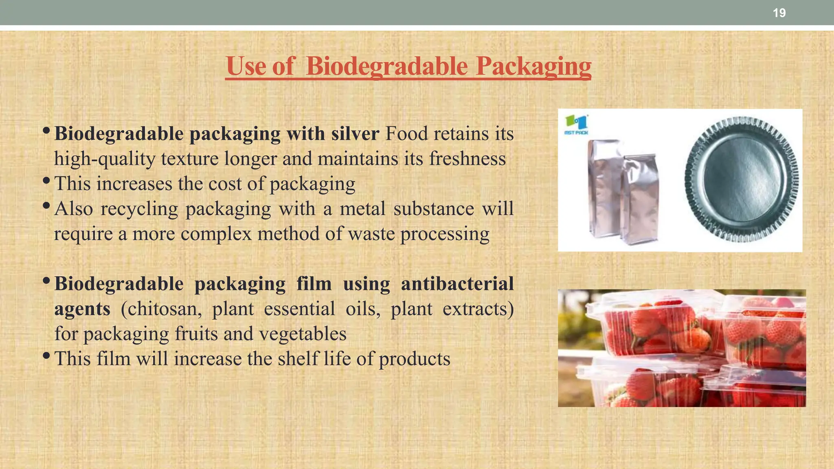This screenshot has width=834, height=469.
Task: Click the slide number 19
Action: pos(779,13)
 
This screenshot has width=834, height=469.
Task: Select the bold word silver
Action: pos(355,134)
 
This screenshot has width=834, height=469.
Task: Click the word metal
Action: pos(362,208)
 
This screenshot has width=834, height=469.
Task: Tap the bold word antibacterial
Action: pos(457,283)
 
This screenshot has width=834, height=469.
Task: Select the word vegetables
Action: pos(303,334)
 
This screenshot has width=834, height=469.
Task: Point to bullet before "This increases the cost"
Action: pos(46,180)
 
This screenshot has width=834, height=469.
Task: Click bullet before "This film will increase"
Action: pos(46,355)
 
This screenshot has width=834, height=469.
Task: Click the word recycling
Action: pos(139,209)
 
